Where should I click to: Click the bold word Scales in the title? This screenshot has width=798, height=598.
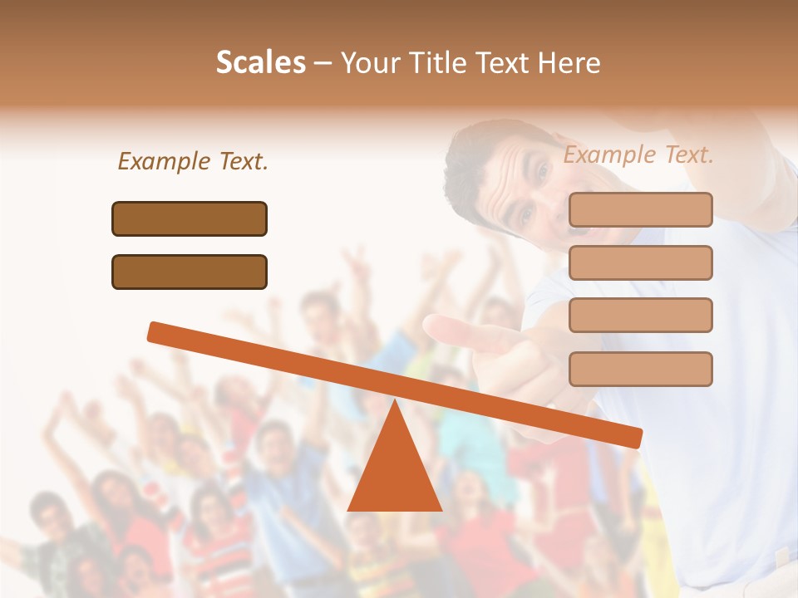point(261,62)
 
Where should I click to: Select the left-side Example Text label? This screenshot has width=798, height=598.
point(193,161)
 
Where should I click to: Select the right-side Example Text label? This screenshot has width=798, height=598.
point(638,154)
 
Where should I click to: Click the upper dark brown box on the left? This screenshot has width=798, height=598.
point(190,218)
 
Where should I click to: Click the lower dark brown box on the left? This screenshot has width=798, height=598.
point(190,272)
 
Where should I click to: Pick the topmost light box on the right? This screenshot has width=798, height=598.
point(640,209)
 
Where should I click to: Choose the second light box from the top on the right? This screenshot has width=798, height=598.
point(640,262)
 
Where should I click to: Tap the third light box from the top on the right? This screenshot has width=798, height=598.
point(640,316)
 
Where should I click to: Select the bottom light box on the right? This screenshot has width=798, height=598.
point(640,369)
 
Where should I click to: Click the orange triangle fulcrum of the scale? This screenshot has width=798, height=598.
point(394,473)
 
